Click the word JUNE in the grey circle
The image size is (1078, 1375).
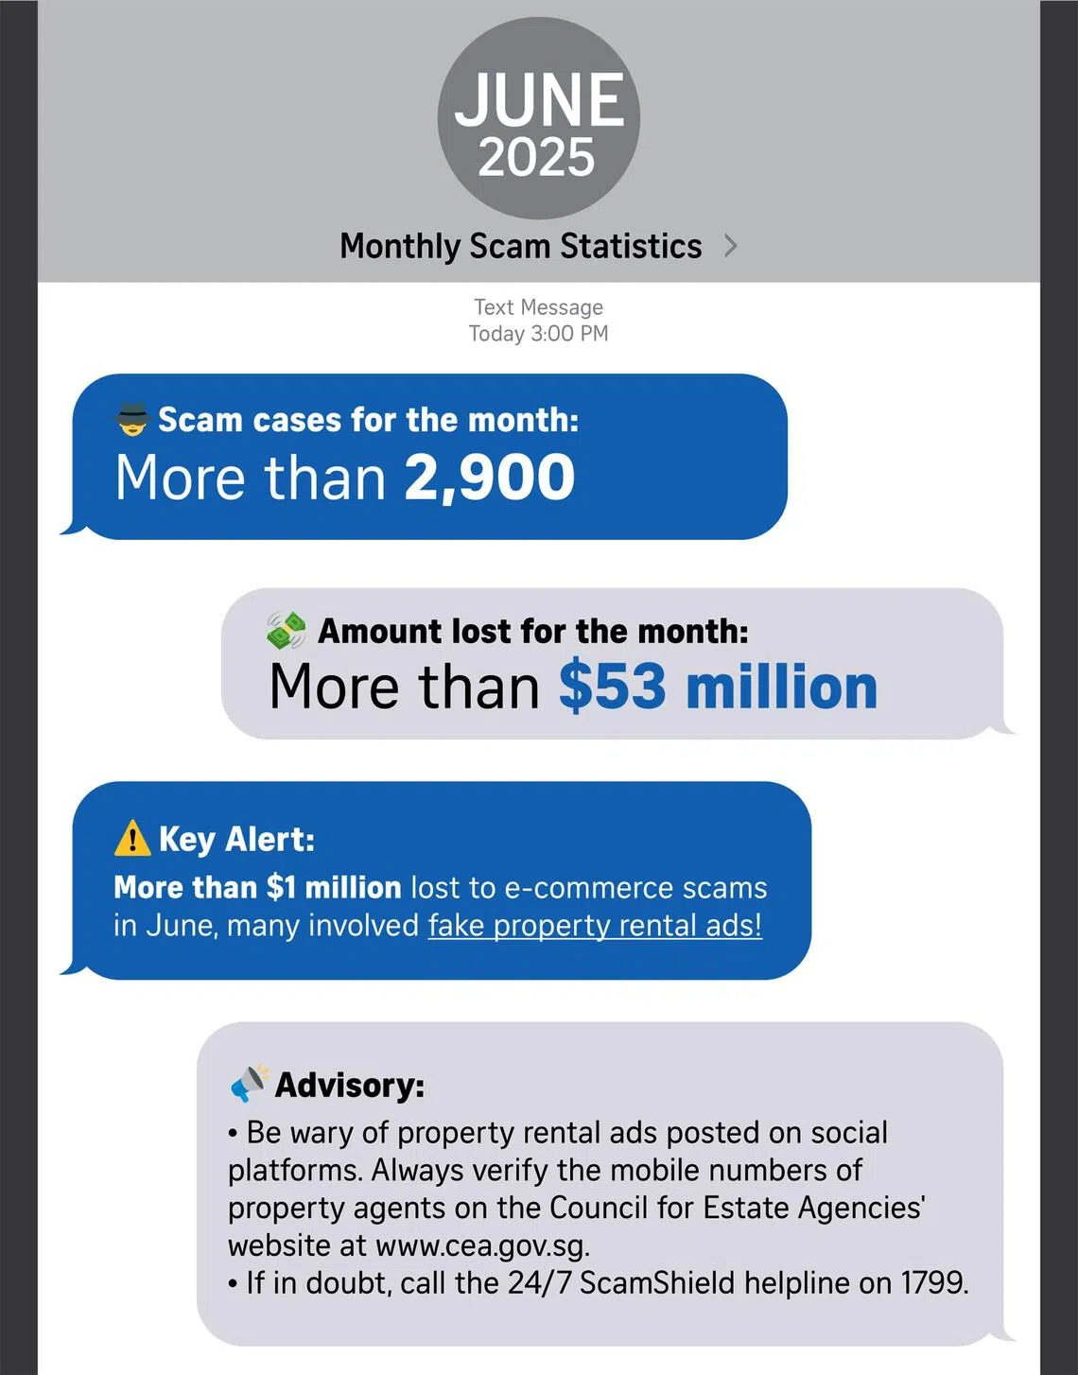click(539, 100)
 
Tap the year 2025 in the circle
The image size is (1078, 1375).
click(536, 158)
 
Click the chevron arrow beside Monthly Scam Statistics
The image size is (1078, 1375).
click(730, 246)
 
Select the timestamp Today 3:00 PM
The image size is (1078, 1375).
click(538, 334)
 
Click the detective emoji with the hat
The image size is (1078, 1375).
click(132, 418)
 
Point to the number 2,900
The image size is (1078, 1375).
click(490, 478)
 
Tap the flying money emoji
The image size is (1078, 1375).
click(287, 630)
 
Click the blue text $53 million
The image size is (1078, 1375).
click(718, 687)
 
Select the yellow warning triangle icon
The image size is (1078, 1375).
click(131, 838)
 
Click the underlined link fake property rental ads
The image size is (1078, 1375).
click(595, 925)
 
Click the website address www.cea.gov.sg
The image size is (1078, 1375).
click(482, 1245)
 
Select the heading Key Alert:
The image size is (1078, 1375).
click(236, 839)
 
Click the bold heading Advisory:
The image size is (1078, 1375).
click(350, 1085)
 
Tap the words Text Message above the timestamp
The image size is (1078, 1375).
click(538, 307)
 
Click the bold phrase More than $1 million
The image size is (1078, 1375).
click(257, 887)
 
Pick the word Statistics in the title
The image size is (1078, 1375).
click(631, 246)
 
